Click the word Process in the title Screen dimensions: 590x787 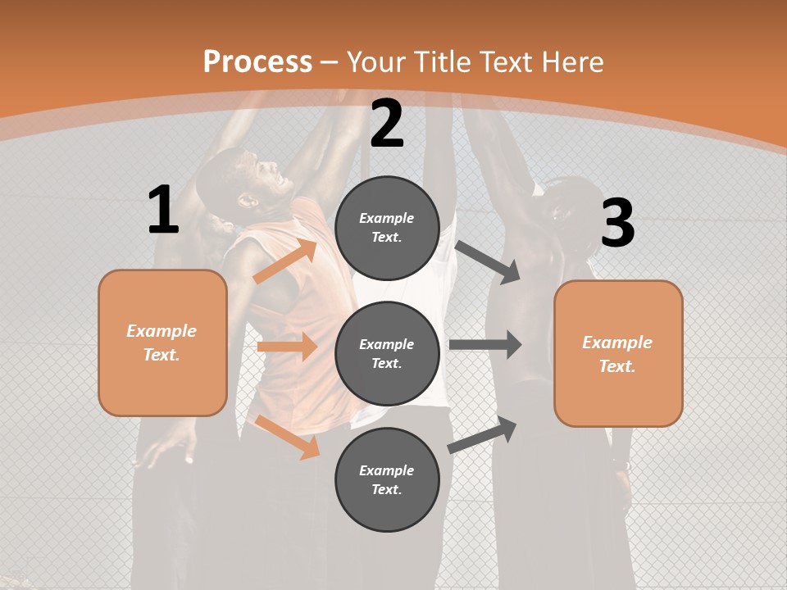pos(257,61)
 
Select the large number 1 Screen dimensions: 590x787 pos(163,211)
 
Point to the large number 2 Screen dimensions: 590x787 pos(387,124)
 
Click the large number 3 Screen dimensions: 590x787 pos(617,223)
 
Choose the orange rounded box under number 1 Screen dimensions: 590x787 pos(162,343)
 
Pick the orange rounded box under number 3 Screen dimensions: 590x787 pos(618,354)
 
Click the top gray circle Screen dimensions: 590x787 pos(387,228)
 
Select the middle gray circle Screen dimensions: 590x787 pos(387,354)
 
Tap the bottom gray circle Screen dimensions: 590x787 pos(387,480)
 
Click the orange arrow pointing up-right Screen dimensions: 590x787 pos(284,261)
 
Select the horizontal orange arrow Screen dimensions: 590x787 pos(287,347)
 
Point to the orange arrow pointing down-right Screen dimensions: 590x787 pos(287,437)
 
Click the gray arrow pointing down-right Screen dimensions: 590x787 pos(488,262)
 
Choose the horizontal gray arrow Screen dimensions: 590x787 pos(485,345)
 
